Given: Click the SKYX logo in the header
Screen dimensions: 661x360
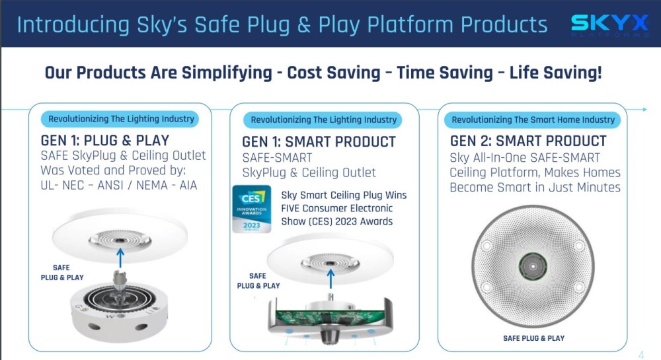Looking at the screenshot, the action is [x=609, y=25].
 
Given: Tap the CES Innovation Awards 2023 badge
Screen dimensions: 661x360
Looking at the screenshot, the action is [x=252, y=209].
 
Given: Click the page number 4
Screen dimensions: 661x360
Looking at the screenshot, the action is [x=641, y=355].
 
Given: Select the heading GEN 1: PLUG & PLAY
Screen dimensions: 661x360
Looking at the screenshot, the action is [x=105, y=140].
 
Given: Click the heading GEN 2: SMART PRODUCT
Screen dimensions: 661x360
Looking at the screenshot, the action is [x=528, y=141].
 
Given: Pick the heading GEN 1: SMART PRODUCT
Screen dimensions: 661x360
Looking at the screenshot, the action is [x=319, y=142].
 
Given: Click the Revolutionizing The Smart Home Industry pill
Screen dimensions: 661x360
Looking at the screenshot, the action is [x=533, y=120].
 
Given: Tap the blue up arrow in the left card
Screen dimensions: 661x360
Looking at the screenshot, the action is [x=120, y=258].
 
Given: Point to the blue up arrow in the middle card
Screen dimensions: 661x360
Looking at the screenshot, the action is [x=331, y=279].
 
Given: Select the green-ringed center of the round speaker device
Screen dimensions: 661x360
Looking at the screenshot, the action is [x=533, y=266].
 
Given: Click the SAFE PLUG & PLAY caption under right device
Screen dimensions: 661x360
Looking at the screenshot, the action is [x=533, y=338].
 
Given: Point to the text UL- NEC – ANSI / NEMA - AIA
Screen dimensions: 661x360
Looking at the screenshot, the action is [x=118, y=185].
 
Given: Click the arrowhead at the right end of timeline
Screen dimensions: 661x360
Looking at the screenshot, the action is [x=644, y=110].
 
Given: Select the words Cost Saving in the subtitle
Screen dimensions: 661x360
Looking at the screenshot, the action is [x=333, y=73].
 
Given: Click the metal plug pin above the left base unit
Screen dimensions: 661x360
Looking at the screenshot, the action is [x=119, y=280].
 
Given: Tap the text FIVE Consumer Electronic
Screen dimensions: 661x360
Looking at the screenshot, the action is [x=337, y=208].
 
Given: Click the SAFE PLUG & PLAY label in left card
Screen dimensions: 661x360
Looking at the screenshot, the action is [x=62, y=272].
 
